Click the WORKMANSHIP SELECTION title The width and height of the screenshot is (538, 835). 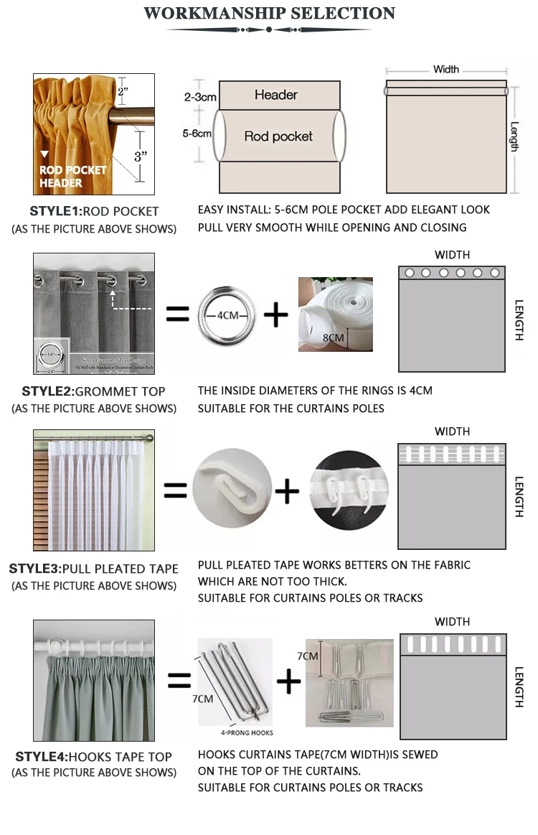click(269, 14)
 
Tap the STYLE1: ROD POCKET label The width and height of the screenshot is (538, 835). click(94, 211)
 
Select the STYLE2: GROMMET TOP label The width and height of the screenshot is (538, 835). click(93, 391)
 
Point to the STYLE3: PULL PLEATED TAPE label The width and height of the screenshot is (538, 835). click(93, 569)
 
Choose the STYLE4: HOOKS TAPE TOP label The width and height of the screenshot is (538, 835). click(93, 756)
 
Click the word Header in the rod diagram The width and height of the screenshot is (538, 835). click(276, 95)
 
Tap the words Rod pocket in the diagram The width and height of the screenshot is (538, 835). click(278, 136)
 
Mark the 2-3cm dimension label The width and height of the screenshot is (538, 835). click(200, 96)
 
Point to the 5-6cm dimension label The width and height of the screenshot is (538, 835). click(197, 134)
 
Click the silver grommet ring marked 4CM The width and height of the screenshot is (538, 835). click(227, 314)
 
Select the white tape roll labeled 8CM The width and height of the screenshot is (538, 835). click(335, 314)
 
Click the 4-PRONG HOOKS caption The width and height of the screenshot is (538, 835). click(246, 733)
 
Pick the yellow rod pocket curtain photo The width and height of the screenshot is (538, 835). click(93, 134)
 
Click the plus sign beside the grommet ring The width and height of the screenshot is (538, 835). click(275, 315)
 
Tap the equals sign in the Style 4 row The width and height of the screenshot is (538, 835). click(179, 680)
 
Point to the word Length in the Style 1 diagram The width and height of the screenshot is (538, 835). click(514, 136)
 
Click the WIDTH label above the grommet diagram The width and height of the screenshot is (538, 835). click(452, 255)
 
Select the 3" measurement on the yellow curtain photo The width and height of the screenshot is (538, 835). click(141, 154)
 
